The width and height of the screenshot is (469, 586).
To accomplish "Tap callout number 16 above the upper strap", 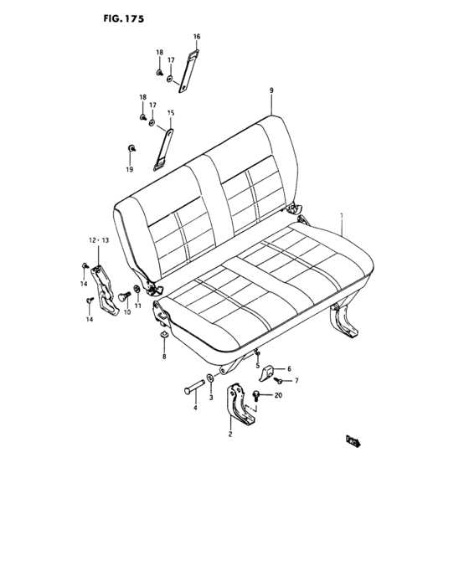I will pos(197,37).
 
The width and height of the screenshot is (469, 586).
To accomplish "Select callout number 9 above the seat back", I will pos(272,90).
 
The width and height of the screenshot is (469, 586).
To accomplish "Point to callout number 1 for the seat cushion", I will pos(342,215).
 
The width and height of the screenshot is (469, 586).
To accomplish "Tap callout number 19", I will pos(130,170).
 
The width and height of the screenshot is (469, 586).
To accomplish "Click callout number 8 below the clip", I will pos(164,357).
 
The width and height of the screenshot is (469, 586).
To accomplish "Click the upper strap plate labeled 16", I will pos(188,74).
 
